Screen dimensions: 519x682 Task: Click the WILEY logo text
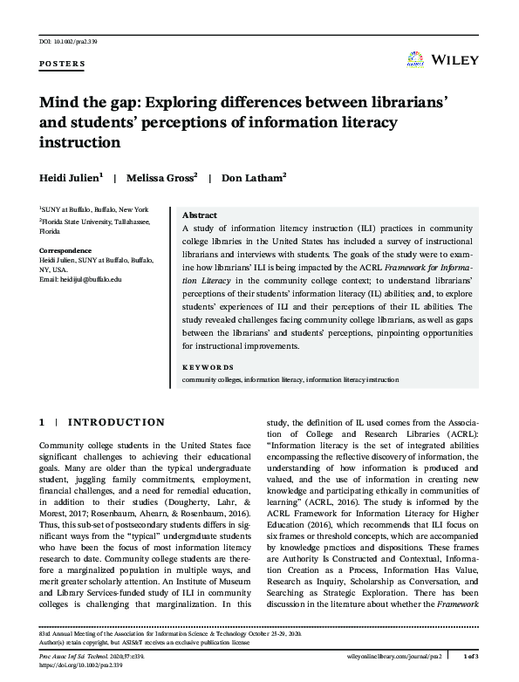[454, 62]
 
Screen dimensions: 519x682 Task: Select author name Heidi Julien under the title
[71, 177]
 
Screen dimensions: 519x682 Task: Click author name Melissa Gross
[162, 177]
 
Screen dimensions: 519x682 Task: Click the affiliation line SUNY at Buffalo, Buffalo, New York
[94, 210]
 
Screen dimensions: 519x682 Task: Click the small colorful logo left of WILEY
[416, 60]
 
